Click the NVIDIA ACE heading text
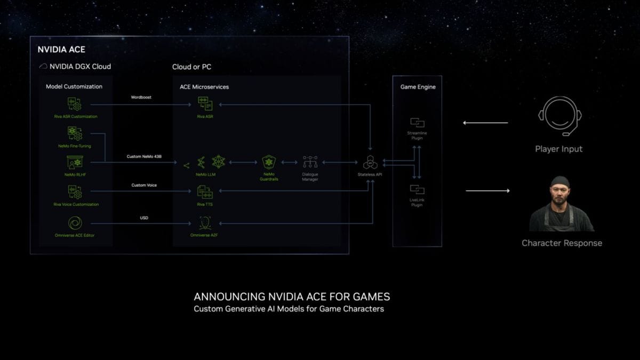tap(61, 50)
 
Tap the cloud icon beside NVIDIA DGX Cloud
tap(44, 67)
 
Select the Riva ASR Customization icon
tap(75, 103)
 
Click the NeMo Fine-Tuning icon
tap(75, 133)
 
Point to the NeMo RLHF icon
tap(75, 162)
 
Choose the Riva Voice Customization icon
tap(75, 191)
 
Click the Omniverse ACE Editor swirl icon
tap(75, 223)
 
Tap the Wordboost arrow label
tap(141, 98)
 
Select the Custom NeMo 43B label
tap(144, 156)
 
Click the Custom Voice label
tap(144, 185)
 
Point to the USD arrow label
tap(144, 218)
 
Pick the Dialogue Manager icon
tap(310, 162)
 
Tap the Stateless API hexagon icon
tap(370, 162)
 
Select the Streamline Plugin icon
tap(417, 123)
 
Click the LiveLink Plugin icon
tap(417, 189)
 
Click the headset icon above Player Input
tap(559, 117)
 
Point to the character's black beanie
tap(561, 182)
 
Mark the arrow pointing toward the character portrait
tap(487, 190)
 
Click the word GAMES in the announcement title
tap(372, 297)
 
